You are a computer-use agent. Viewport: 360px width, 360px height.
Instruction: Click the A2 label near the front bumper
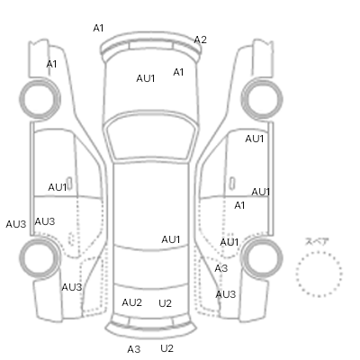pos(200,40)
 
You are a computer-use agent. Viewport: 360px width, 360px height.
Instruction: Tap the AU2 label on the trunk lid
pos(131,302)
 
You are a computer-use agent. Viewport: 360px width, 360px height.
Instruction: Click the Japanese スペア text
pos(317,241)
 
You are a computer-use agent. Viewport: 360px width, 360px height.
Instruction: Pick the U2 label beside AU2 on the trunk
pos(165,303)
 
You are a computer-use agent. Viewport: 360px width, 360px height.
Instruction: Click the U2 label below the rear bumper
pos(166,348)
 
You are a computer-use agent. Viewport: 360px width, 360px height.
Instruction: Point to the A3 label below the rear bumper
pos(134,349)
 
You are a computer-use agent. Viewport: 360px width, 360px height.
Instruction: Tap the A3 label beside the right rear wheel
pos(221,268)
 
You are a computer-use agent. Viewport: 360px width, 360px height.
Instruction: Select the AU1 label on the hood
pos(146,78)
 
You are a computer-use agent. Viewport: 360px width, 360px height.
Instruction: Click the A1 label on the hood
pos(178,72)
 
